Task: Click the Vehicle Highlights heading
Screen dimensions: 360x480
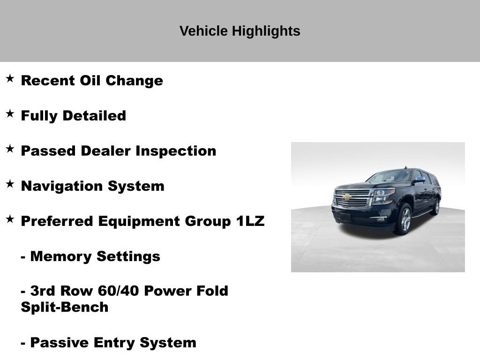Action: (x=240, y=31)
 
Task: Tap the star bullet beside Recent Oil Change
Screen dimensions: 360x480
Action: (x=10, y=78)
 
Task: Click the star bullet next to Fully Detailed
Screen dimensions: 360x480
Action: (x=10, y=113)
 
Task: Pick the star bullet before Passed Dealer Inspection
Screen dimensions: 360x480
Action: (x=10, y=149)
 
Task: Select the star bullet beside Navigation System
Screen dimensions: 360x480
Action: (x=10, y=184)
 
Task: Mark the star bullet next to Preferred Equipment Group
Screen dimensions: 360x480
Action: (x=10, y=219)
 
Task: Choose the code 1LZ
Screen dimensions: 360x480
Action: (x=250, y=221)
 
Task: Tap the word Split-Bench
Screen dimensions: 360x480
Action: (x=65, y=307)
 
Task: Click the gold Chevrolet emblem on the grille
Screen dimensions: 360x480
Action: (x=347, y=197)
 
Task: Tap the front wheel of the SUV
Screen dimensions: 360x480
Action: (x=404, y=219)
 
